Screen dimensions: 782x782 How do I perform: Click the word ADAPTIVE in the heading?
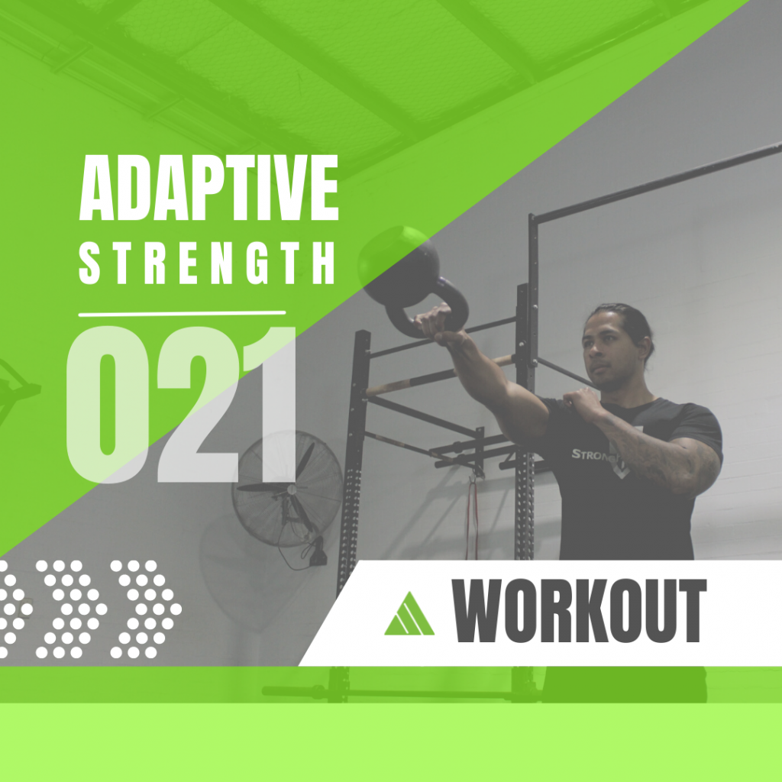(x=209, y=187)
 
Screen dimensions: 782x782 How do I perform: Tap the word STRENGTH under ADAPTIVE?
(x=206, y=263)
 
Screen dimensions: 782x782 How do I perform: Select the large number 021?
(x=182, y=405)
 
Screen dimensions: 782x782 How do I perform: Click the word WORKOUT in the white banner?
(x=579, y=610)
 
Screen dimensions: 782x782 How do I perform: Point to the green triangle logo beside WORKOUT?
(x=409, y=614)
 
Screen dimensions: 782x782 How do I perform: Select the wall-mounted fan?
(x=288, y=488)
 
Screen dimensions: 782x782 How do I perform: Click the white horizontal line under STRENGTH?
(x=182, y=314)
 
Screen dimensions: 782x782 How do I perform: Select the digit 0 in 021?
(x=108, y=405)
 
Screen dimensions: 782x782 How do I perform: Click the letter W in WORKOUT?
(x=478, y=610)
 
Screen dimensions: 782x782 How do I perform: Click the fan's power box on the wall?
(x=317, y=554)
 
